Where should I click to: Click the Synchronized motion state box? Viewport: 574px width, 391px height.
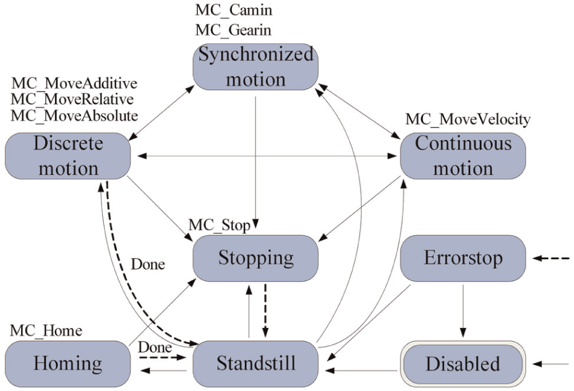click(x=255, y=67)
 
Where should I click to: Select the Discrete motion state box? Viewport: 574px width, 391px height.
click(x=67, y=156)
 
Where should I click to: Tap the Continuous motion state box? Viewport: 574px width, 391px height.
click(x=463, y=156)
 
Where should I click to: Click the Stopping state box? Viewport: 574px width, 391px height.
click(x=255, y=258)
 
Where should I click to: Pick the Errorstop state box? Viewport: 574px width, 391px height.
click(x=463, y=258)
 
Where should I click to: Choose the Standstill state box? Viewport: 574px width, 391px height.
click(x=255, y=364)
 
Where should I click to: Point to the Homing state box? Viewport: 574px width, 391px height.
click(x=67, y=364)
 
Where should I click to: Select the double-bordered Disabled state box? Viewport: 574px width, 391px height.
click(x=463, y=364)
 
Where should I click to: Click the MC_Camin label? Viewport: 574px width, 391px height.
click(x=234, y=11)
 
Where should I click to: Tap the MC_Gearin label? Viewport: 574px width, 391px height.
click(x=233, y=30)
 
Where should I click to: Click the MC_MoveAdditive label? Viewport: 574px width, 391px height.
click(x=74, y=84)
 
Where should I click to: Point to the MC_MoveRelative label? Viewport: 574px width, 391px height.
click(x=72, y=100)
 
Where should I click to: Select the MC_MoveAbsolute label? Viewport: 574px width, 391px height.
click(x=74, y=116)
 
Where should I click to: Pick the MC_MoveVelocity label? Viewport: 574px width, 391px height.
click(x=468, y=119)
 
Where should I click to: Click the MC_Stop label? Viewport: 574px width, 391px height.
click(x=220, y=225)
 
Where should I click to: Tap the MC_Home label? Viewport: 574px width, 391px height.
click(x=46, y=330)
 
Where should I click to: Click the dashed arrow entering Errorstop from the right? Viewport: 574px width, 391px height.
click(x=551, y=259)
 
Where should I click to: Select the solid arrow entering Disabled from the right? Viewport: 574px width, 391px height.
click(x=551, y=364)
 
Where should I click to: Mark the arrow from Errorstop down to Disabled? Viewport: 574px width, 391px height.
click(x=463, y=311)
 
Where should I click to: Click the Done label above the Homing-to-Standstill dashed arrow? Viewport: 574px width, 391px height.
click(x=155, y=348)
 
